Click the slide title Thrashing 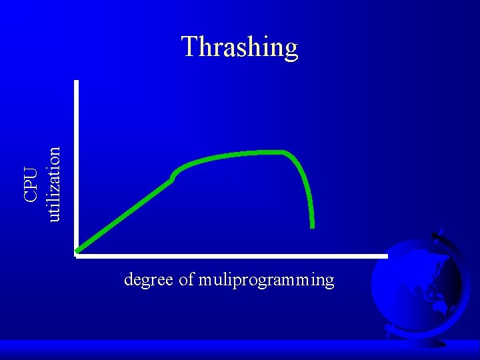pyautogui.click(x=239, y=47)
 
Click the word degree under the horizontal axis pyautogui.click(x=149, y=279)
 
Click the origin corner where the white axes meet pyautogui.click(x=77, y=253)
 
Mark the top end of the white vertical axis pyautogui.click(x=77, y=82)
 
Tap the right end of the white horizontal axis pyautogui.click(x=385, y=255)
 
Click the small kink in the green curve pyautogui.click(x=173, y=177)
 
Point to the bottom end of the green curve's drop pyautogui.click(x=312, y=226)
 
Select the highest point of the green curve pyautogui.click(x=273, y=152)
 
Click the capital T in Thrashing pyautogui.click(x=189, y=47)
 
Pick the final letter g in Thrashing pyautogui.click(x=290, y=49)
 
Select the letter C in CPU pyautogui.click(x=30, y=195)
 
